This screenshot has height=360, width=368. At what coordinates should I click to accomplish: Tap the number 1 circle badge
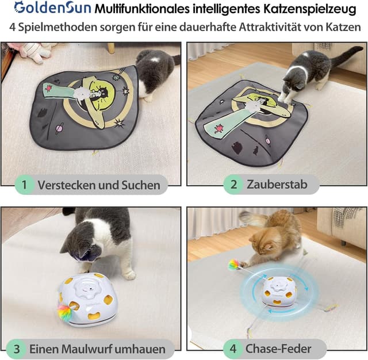[24, 185]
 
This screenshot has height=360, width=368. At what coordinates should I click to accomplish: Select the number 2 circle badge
[234, 185]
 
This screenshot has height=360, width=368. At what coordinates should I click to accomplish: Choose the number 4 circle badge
[233, 348]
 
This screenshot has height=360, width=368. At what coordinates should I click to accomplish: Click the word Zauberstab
[275, 185]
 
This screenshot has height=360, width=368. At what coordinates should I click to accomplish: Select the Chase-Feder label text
[278, 348]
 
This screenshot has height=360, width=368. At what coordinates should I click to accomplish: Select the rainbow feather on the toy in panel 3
[64, 313]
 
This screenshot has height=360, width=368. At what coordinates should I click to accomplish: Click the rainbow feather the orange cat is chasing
[234, 265]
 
